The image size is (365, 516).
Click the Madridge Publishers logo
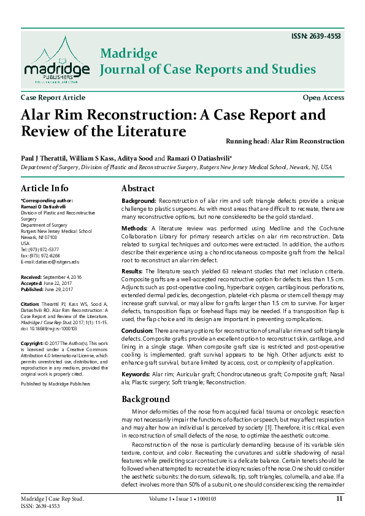point(56,60)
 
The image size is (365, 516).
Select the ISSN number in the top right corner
point(316,36)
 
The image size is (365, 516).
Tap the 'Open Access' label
point(323,97)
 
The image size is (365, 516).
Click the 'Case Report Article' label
point(53,97)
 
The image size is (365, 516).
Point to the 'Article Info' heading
point(45,188)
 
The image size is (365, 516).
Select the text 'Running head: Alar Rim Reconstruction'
point(285,141)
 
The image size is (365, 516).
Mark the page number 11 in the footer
point(340,499)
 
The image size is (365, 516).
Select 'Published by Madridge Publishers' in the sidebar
point(55,384)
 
